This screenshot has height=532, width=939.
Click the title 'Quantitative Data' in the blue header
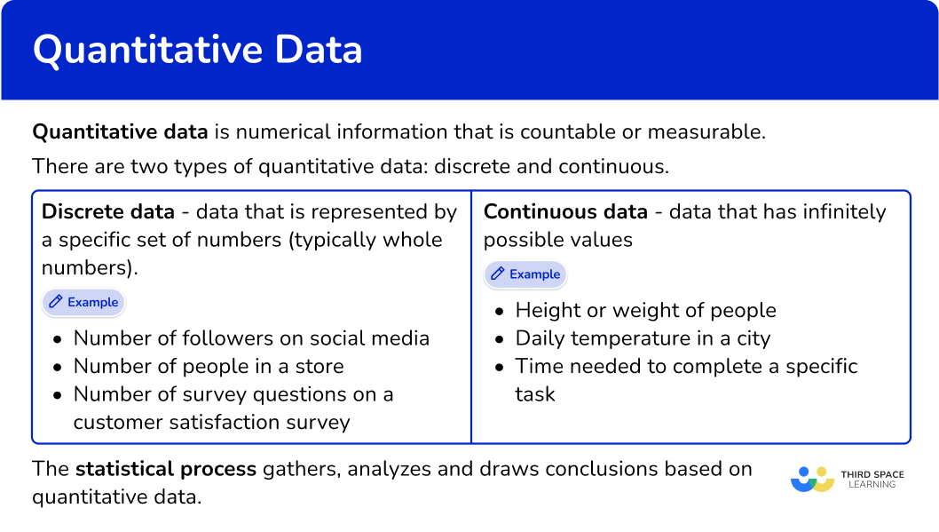click(x=197, y=50)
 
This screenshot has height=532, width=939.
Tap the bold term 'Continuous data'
click(x=565, y=212)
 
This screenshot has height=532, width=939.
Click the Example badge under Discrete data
click(x=83, y=303)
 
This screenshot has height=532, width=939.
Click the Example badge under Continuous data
click(x=525, y=274)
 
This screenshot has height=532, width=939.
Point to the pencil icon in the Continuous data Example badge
click(x=498, y=274)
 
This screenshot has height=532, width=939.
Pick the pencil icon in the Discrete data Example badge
click(x=56, y=303)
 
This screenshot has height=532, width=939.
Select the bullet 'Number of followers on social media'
click(x=251, y=338)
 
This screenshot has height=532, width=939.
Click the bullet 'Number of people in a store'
click(x=209, y=366)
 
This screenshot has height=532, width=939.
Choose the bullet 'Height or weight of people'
click(x=645, y=311)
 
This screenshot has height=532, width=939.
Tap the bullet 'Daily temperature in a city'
click(x=643, y=338)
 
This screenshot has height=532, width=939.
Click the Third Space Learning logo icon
click(x=812, y=479)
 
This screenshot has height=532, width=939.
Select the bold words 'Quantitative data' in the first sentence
click(x=120, y=132)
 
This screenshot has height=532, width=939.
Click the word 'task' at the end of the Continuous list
click(x=535, y=394)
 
